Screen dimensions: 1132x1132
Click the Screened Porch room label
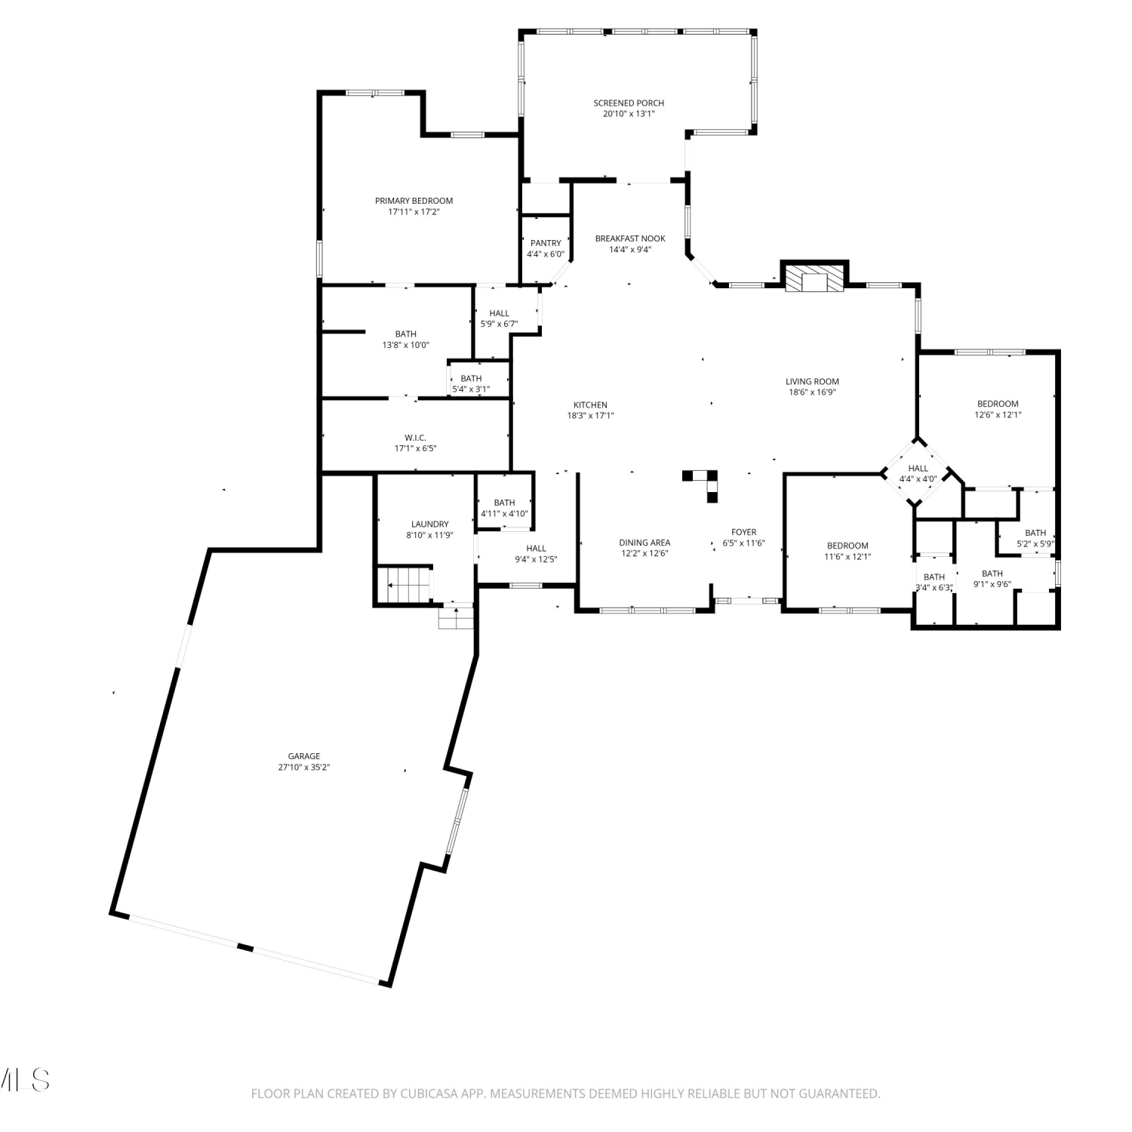[629, 103]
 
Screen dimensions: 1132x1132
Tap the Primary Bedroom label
[414, 201]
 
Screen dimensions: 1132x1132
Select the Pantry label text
[546, 243]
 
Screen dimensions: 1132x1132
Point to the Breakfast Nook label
[630, 238]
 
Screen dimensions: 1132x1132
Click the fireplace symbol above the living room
[814, 278]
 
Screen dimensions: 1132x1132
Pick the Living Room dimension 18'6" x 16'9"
[812, 392]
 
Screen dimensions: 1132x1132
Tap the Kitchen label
[590, 405]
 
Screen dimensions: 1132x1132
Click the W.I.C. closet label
[415, 438]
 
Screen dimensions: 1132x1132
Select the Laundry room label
[429, 524]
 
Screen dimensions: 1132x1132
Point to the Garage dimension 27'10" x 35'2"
[304, 767]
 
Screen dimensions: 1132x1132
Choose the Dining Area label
[644, 543]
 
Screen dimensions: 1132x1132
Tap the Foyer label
[743, 532]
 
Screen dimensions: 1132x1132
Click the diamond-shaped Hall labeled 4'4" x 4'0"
[918, 473]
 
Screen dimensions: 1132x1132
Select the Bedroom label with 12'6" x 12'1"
[998, 404]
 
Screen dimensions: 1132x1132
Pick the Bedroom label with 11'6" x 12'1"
[847, 546]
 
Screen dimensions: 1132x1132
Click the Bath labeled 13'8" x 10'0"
[405, 334]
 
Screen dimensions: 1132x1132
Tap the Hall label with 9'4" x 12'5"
[536, 549]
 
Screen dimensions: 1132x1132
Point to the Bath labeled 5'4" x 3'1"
[471, 379]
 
